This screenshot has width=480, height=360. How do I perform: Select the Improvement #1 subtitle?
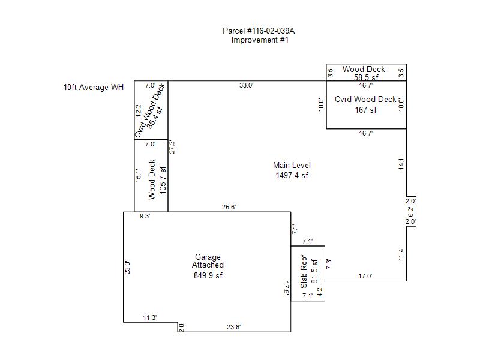click(260, 40)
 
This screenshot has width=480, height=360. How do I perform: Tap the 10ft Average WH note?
click(94, 88)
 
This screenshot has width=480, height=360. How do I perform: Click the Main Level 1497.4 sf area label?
click(292, 170)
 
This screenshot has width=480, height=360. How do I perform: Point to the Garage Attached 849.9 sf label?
click(208, 266)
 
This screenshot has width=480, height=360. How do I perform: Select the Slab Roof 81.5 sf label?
click(309, 272)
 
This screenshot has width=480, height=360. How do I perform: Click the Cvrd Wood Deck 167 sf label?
click(365, 104)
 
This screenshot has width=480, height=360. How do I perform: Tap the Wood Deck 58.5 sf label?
click(364, 73)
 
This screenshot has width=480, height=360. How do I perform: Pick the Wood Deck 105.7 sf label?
click(157, 179)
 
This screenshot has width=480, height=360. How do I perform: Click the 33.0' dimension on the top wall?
click(247, 85)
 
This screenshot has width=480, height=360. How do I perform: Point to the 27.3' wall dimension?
click(172, 147)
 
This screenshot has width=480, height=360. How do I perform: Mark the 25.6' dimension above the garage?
click(229, 207)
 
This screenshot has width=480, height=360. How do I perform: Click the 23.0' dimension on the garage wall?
click(127, 268)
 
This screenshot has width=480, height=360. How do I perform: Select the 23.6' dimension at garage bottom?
click(233, 327)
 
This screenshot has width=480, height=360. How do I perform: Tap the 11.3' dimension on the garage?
click(149, 318)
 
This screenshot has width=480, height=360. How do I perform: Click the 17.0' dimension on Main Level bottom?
click(365, 276)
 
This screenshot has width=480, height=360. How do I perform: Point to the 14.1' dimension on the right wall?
click(401, 163)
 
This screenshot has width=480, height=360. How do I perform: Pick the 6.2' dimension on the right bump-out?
click(411, 212)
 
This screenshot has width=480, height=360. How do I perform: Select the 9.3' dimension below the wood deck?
click(145, 216)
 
